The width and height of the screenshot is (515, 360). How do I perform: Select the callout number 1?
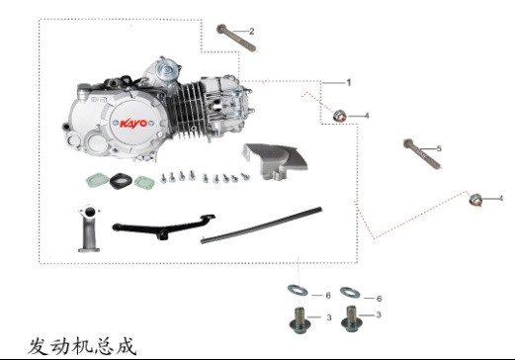[x=348, y=81]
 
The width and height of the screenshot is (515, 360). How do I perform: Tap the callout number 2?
[x=251, y=32]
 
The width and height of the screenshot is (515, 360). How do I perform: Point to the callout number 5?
[x=439, y=148]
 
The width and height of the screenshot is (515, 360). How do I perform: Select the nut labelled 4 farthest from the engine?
[x=476, y=201]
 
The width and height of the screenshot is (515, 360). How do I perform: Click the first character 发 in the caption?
[x=37, y=345]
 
